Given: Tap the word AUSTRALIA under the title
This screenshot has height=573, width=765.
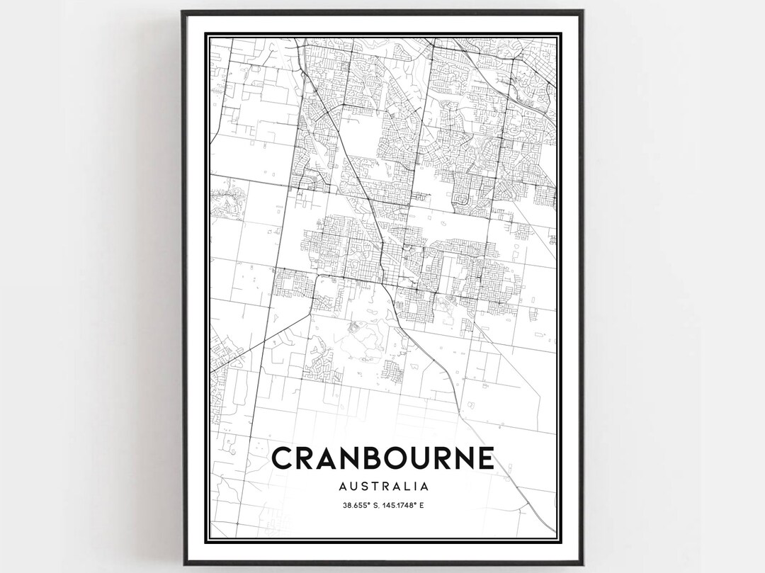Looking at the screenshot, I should click(x=382, y=487).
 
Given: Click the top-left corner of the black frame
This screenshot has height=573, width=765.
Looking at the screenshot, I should click(x=182, y=11).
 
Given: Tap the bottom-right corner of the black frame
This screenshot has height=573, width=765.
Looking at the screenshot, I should click(x=583, y=565).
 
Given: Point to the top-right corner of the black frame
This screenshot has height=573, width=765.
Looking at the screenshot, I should click(x=583, y=11).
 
